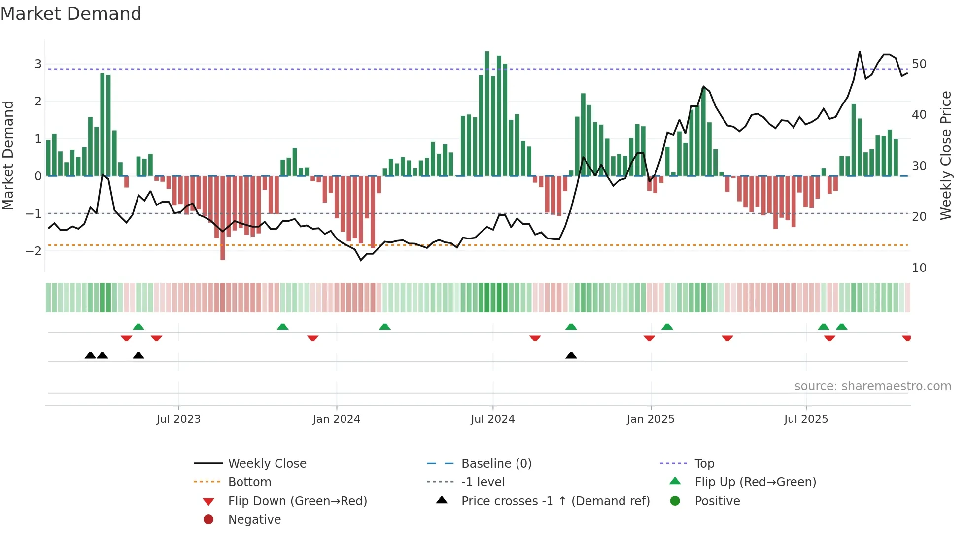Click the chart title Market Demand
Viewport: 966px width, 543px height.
pos(71,14)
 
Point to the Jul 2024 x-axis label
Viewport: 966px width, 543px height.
pos(492,419)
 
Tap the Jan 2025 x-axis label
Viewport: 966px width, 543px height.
pos(650,419)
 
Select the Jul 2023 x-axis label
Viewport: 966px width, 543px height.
pos(178,419)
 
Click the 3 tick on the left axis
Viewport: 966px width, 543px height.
pos(38,64)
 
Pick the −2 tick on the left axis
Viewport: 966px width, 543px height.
pos(34,251)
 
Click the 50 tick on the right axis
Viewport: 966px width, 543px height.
pos(919,64)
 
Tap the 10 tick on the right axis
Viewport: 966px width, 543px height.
pos(919,268)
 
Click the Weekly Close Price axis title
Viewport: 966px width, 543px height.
pos(945,155)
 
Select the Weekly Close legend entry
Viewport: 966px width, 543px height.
pos(267,464)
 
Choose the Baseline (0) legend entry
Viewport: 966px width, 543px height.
pos(496,464)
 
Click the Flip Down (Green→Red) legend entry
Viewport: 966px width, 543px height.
pos(297,501)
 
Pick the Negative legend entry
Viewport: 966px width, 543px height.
pos(254,520)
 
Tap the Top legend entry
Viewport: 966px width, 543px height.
pos(704,464)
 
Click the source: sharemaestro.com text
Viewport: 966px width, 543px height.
pos(872,386)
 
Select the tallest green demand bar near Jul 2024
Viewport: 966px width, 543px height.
pos(487,113)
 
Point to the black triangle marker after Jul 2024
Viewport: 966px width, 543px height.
pos(571,356)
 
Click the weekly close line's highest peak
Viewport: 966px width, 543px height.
pos(860,52)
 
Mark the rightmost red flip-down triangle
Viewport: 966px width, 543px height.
pos(906,338)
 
